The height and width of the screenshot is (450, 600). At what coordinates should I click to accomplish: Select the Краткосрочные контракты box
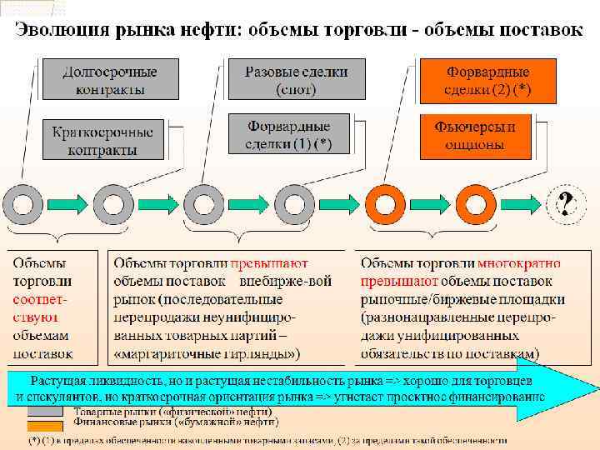click(x=102, y=140)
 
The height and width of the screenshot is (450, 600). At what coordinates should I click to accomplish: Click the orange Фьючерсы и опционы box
click(x=475, y=136)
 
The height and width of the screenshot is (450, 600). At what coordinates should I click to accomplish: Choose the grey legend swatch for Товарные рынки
click(x=47, y=412)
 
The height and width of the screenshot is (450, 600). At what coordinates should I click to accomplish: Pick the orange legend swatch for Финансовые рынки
click(x=47, y=422)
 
